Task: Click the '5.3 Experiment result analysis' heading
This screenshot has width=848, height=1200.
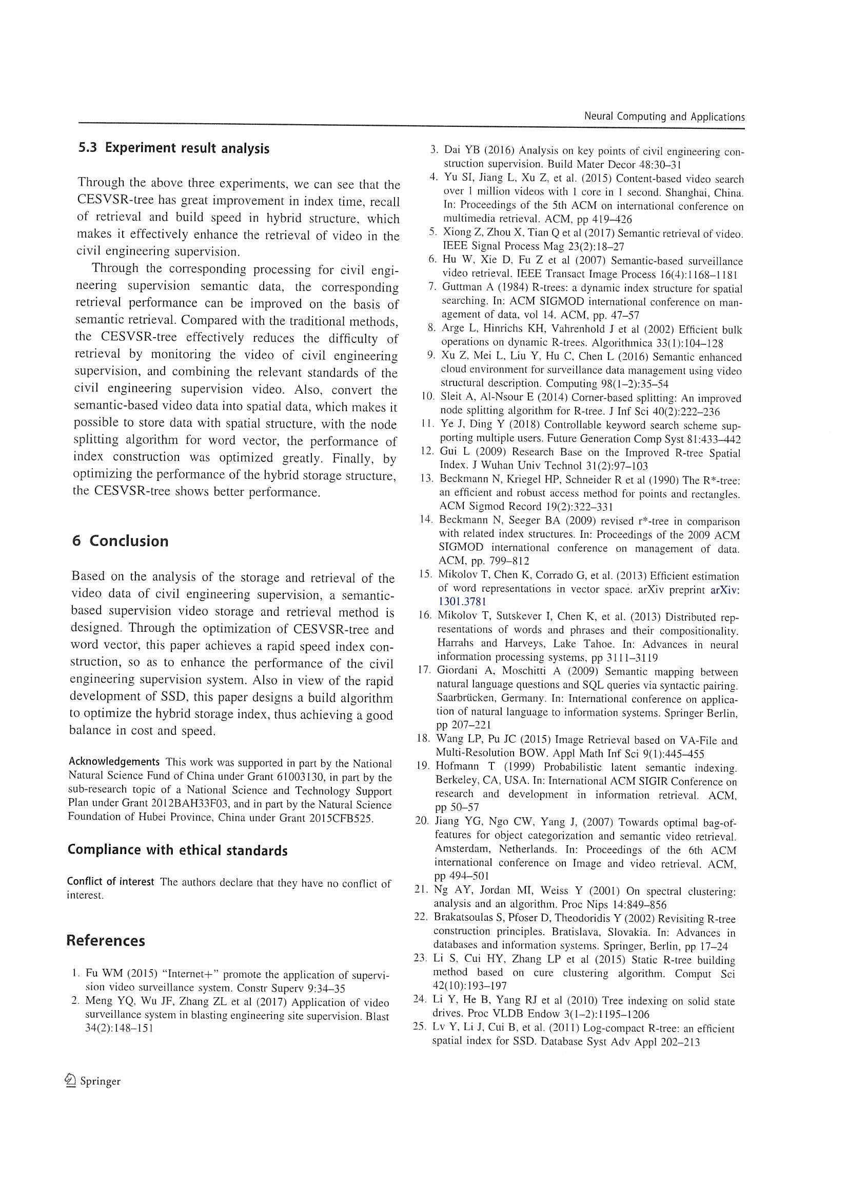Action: [x=173, y=148]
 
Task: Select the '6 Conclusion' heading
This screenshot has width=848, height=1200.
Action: [x=120, y=541]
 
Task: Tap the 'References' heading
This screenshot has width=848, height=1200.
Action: [x=106, y=941]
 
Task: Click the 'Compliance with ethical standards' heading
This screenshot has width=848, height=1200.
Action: [x=177, y=851]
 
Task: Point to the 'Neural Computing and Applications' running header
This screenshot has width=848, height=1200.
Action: [x=664, y=117]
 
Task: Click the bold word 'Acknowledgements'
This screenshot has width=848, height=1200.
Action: [x=114, y=762]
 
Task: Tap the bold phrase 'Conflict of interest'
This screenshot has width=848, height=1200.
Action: [x=110, y=882]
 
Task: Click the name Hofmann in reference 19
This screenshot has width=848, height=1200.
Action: [x=457, y=768]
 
